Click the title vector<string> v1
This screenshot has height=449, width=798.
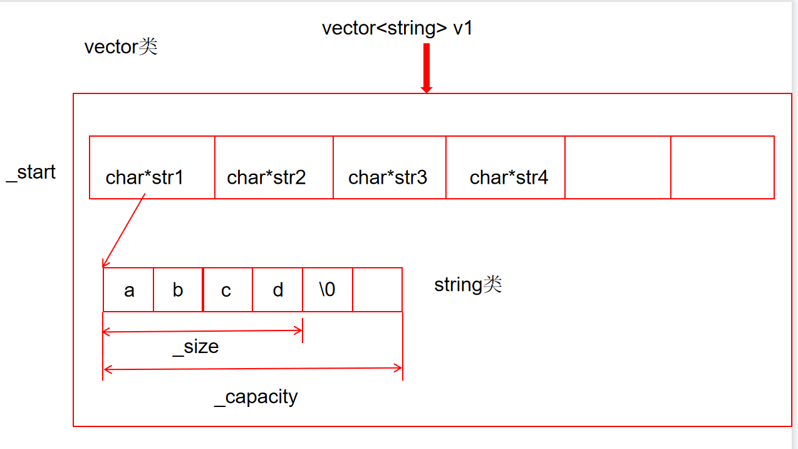coord(396,29)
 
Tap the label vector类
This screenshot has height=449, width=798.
coord(121,46)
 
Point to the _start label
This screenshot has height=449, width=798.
coord(31,172)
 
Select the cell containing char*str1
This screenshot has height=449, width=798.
coord(152,167)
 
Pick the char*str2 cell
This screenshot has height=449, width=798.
coord(274,167)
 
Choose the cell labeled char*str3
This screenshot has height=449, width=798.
coord(390,167)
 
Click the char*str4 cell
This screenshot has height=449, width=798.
coord(505,167)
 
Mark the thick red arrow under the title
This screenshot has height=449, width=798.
coord(427,68)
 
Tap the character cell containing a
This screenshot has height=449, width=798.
coord(128,290)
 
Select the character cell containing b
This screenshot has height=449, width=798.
coord(178,290)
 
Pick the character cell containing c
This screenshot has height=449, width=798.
coord(227,290)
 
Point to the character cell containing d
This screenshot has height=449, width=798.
coord(277,290)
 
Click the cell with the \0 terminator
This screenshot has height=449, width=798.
coord(328,290)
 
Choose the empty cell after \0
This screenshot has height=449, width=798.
coord(377,290)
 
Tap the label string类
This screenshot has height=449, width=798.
coord(468,285)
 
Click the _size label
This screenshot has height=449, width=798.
coord(195,347)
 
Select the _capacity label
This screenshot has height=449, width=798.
coord(256,397)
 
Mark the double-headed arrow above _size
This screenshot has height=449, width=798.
coord(202,330)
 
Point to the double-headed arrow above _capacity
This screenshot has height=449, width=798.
coord(252,369)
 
